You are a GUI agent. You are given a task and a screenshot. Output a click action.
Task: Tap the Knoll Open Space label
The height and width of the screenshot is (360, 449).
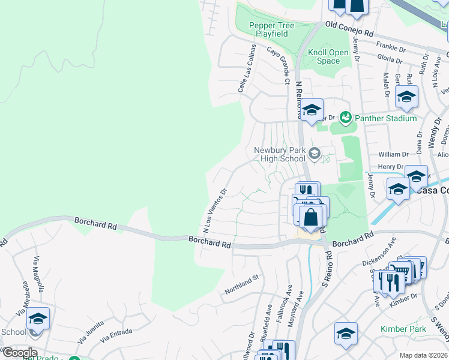coord(328,56)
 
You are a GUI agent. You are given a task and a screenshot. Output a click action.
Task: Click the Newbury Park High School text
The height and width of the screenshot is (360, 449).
coord(280,154)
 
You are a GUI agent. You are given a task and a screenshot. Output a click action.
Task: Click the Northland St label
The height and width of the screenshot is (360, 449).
coord(241,284)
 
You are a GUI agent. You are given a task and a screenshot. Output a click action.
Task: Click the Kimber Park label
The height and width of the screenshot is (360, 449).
coord(403,329)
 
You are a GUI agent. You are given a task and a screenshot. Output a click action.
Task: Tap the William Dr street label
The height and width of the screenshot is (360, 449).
coord(393,154)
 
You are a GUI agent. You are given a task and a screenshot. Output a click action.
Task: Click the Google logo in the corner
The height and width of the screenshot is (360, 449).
coord(19,353)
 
